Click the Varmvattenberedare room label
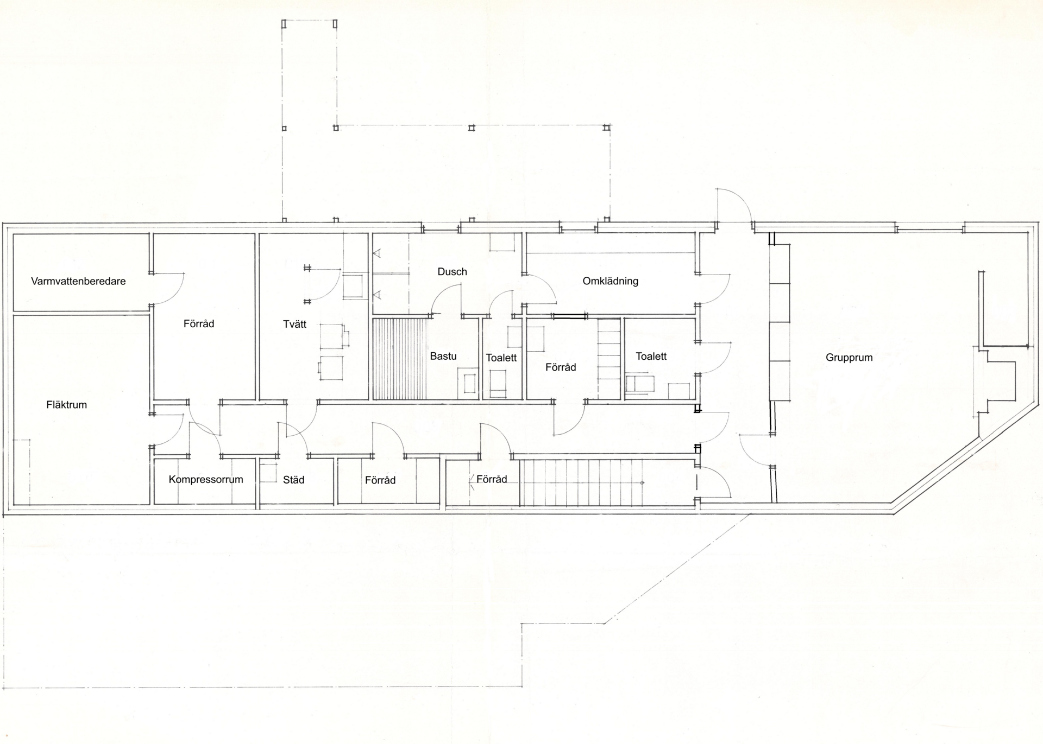click(78, 281)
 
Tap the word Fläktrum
click(67, 404)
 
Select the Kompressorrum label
click(206, 480)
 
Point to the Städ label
click(293, 480)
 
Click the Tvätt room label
click(295, 324)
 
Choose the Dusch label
click(452, 271)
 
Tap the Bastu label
click(443, 356)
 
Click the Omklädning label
click(610, 281)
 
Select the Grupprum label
click(849, 358)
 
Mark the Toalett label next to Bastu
click(501, 358)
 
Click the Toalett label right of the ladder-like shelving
click(651, 356)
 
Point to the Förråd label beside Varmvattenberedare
click(199, 323)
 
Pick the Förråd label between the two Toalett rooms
click(561, 367)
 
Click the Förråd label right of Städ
click(380, 480)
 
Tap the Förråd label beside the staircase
click(492, 479)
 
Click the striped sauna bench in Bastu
click(401, 359)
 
